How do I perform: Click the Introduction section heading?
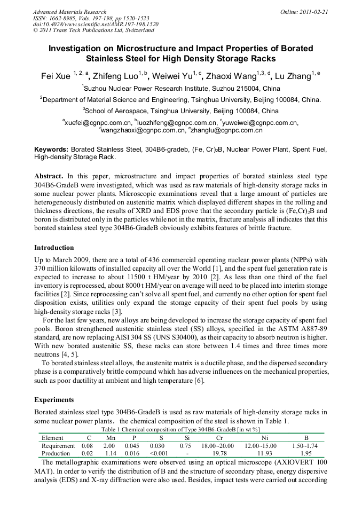pyautogui.click(x=54, y=248)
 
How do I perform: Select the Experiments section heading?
pyautogui.click(x=53, y=399)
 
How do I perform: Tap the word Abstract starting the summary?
pyautogui.click(x=49, y=176)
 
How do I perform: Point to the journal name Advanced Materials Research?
pyautogui.click(x=69, y=11)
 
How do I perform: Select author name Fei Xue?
pyautogui.click(x=55, y=76)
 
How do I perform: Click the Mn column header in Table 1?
pyautogui.click(x=111, y=438)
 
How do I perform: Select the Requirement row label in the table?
pyautogui.click(x=58, y=445)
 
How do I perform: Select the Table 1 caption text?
pyautogui.click(x=181, y=429)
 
